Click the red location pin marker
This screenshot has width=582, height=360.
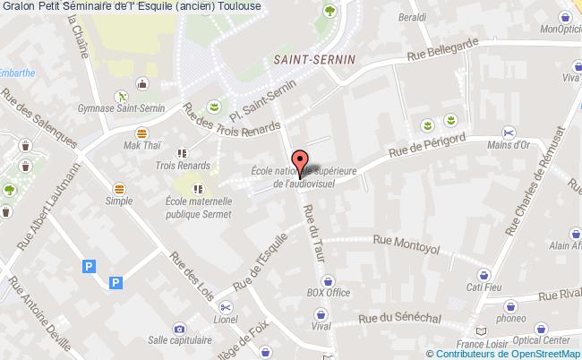click(x=301, y=161)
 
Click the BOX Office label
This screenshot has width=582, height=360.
click(x=328, y=292)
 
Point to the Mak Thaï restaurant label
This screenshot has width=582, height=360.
click(x=141, y=145)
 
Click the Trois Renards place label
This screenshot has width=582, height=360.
click(x=182, y=166)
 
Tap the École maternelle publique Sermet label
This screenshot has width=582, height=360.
click(x=198, y=208)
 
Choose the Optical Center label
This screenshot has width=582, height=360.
click(x=543, y=340)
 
